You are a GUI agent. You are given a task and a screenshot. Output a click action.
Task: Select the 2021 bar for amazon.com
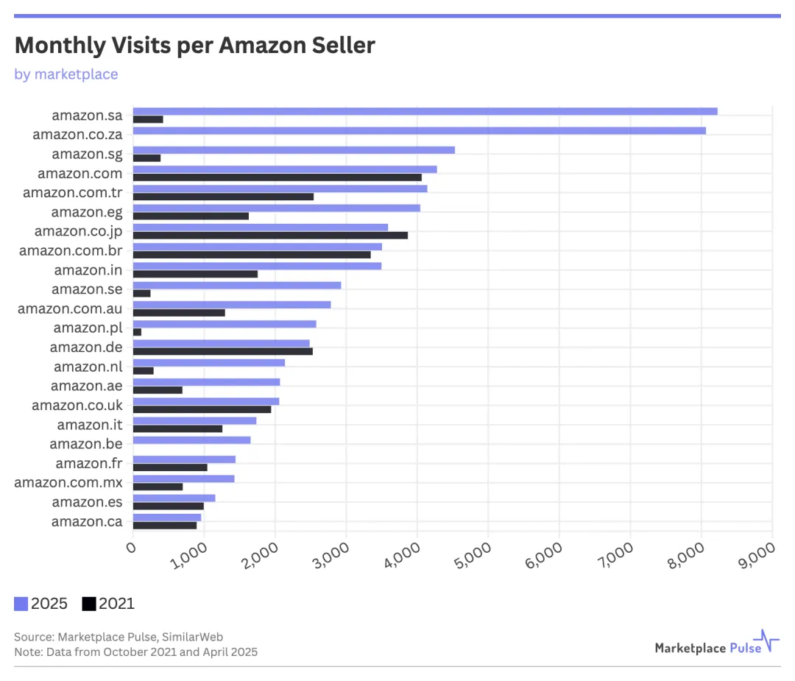(278, 177)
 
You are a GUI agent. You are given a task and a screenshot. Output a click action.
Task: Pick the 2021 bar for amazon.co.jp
(270, 235)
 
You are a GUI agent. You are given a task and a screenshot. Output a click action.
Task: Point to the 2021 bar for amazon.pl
(137, 332)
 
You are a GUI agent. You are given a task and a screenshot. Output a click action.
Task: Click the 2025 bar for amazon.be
(192, 440)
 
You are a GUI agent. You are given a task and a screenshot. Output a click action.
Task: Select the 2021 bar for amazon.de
(223, 351)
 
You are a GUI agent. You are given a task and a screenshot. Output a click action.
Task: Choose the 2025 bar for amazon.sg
(294, 150)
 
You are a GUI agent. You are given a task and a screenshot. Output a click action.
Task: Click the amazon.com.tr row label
(73, 192)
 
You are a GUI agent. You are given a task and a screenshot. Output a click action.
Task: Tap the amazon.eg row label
(87, 212)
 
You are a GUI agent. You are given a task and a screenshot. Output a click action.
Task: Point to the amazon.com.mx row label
(68, 482)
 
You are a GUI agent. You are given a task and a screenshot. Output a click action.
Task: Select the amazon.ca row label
(87, 521)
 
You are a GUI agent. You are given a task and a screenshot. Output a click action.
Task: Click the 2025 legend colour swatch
(21, 604)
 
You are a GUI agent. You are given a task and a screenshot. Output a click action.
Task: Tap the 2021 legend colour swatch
(89, 604)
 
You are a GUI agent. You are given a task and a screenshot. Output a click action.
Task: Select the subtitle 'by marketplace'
(66, 74)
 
